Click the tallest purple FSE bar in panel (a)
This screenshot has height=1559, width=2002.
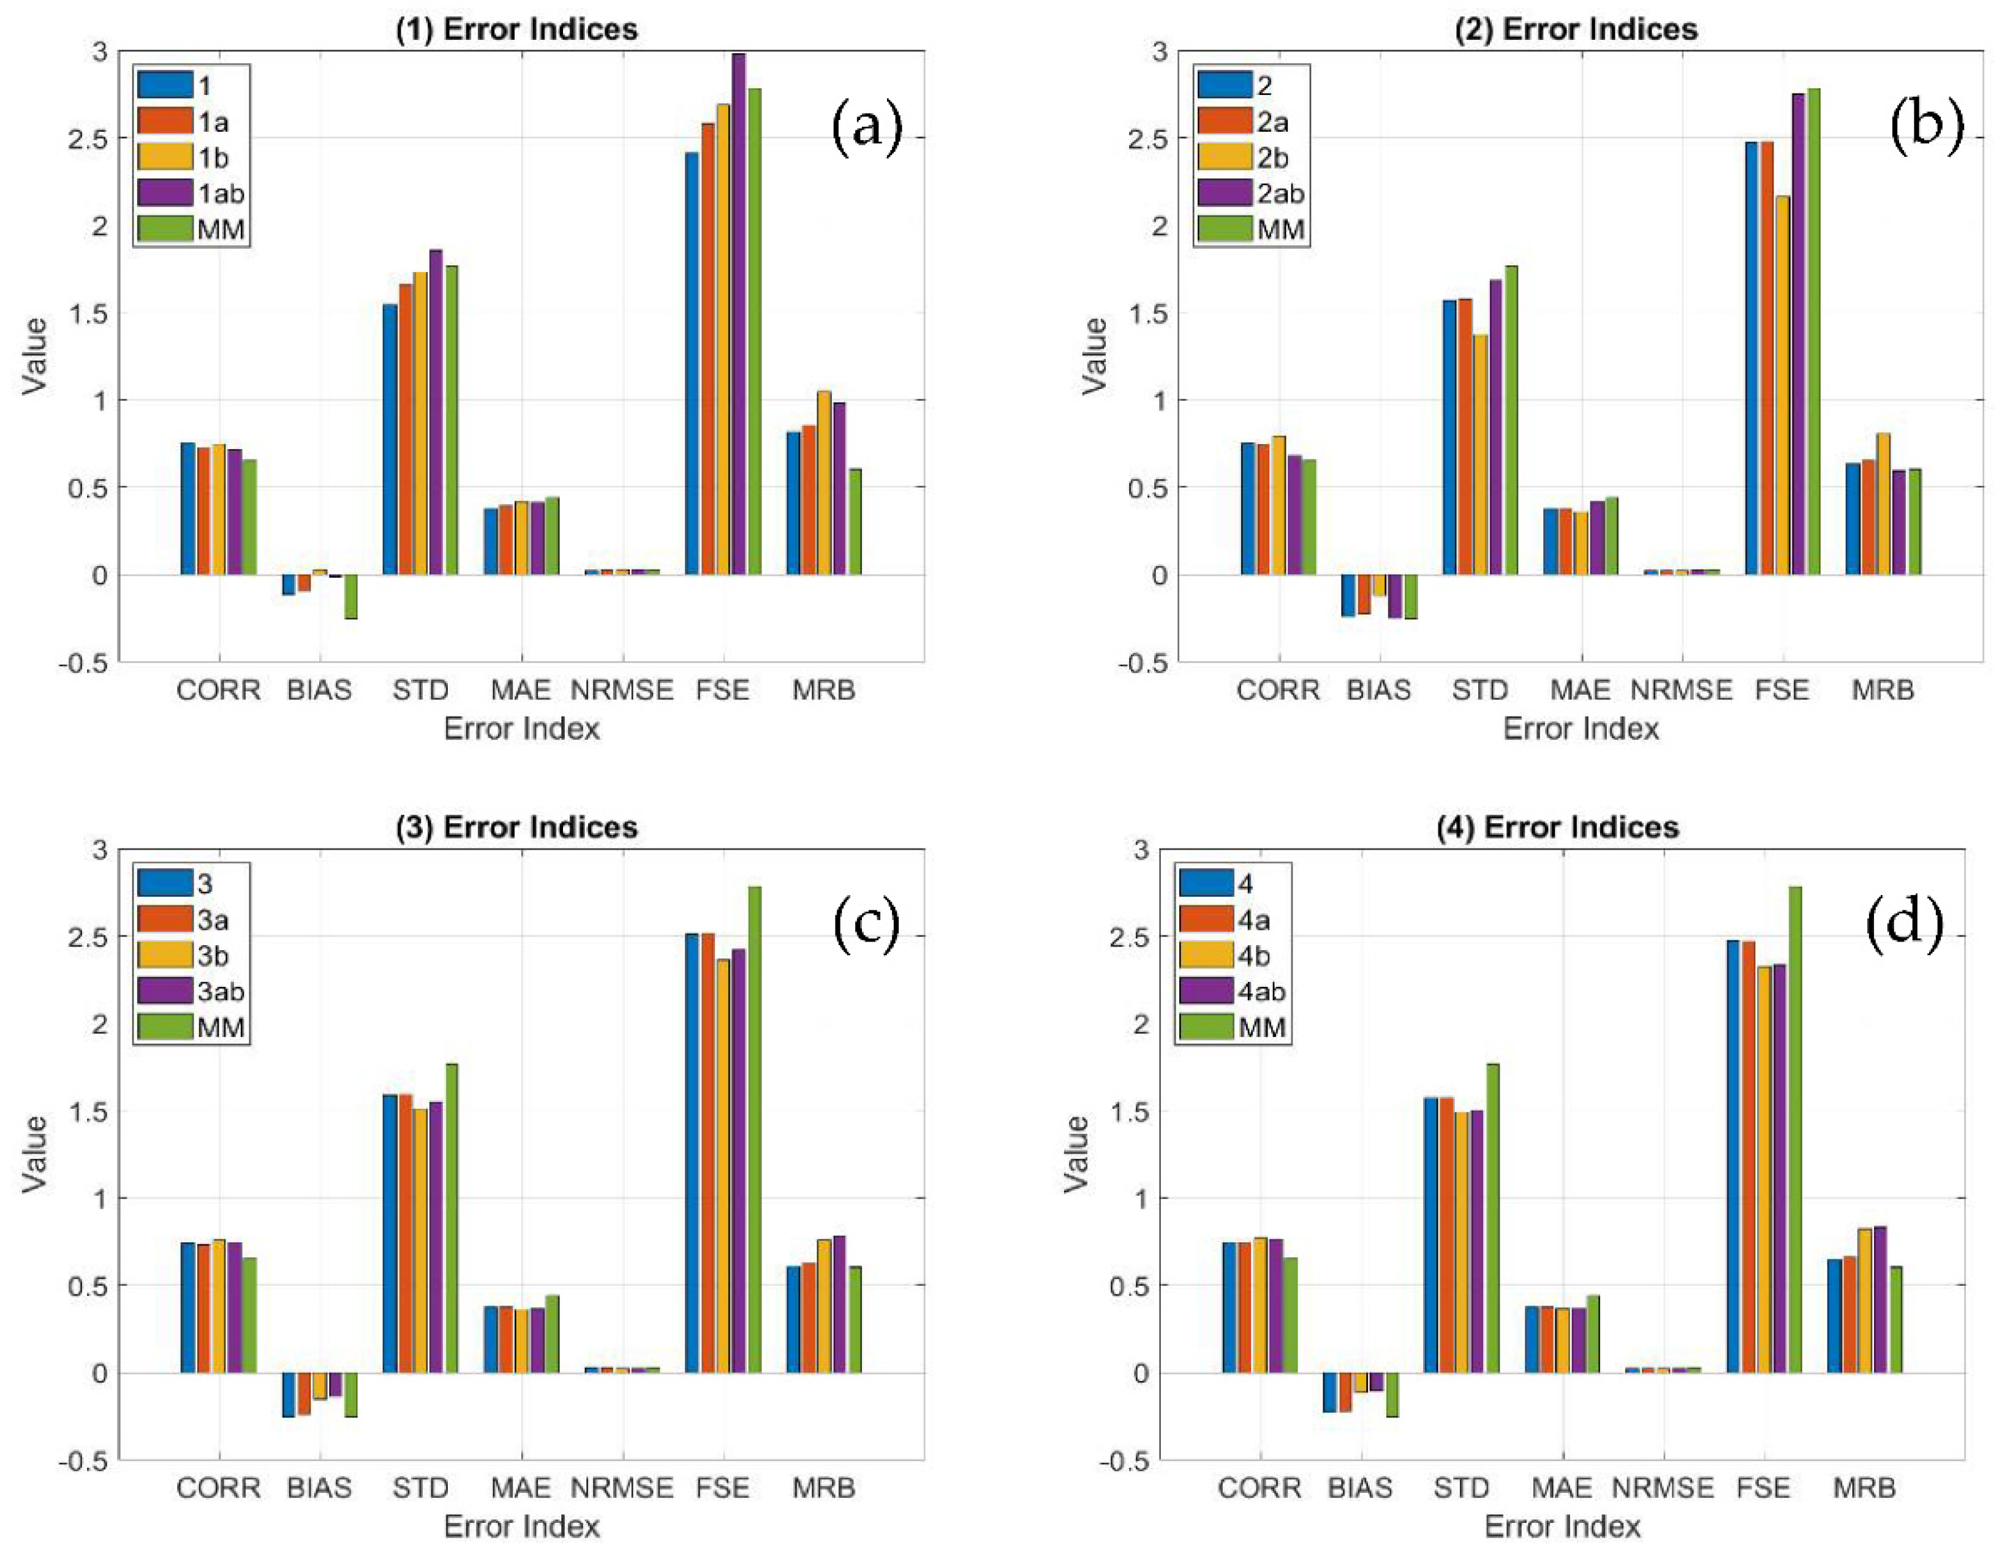click(739, 312)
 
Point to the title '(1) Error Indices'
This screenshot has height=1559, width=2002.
click(516, 29)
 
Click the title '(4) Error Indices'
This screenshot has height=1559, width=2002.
click(1557, 828)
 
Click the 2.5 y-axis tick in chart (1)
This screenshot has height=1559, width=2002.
click(89, 138)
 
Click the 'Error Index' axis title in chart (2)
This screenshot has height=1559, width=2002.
click(1581, 728)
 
